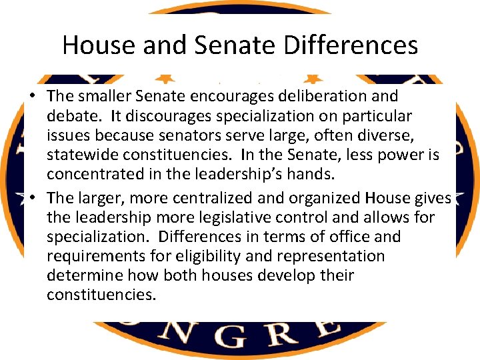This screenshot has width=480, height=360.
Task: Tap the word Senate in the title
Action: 223,45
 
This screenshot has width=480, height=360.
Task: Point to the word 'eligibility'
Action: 231,256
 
